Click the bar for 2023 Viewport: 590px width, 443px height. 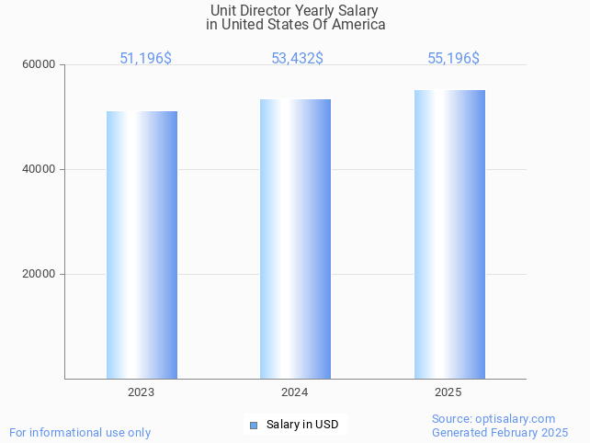(142, 244)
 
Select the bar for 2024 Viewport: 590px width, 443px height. (295, 239)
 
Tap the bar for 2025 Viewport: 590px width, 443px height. (449, 234)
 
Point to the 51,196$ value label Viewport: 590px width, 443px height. (145, 59)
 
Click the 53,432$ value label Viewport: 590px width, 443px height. (297, 59)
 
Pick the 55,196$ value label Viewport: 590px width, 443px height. (453, 59)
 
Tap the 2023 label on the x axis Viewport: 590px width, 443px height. (142, 392)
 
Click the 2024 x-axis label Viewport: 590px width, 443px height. (295, 392)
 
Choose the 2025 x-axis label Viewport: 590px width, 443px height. (448, 392)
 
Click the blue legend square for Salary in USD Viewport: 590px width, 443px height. (253, 425)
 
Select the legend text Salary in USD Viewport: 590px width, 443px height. (302, 425)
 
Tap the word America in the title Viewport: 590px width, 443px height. (358, 25)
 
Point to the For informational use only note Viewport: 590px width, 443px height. (80, 432)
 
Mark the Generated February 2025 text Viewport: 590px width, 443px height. (500, 433)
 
